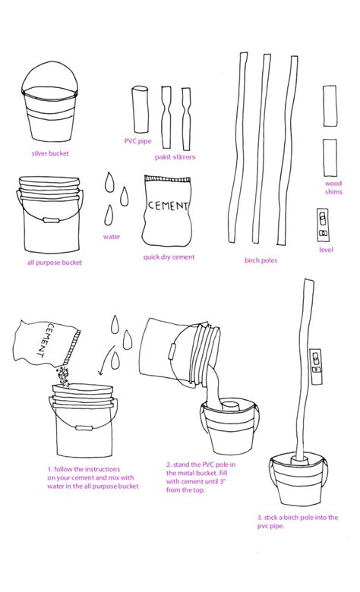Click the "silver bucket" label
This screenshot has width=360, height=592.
[x=50, y=153]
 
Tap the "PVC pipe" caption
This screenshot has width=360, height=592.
[x=137, y=141]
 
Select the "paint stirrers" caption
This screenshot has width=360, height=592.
[x=175, y=156]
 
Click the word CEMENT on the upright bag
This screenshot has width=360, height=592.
[x=168, y=206]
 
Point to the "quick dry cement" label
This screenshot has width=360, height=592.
[x=169, y=257]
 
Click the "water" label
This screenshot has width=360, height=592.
[x=112, y=237]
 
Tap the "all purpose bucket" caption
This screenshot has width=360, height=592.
[x=55, y=263]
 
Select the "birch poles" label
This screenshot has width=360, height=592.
[x=261, y=260]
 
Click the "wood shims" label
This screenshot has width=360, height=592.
[x=333, y=187]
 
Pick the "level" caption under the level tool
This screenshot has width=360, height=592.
[x=326, y=250]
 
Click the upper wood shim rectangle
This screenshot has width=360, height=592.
[x=330, y=106]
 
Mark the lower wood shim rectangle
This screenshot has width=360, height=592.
[x=330, y=157]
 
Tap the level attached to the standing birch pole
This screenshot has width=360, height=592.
[x=316, y=366]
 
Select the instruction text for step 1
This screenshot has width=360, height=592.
[x=93, y=477]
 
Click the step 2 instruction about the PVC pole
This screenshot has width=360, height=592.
[x=201, y=477]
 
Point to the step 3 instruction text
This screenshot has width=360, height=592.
[x=298, y=521]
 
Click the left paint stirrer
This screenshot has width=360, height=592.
[x=166, y=117]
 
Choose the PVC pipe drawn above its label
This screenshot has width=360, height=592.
[x=141, y=109]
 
